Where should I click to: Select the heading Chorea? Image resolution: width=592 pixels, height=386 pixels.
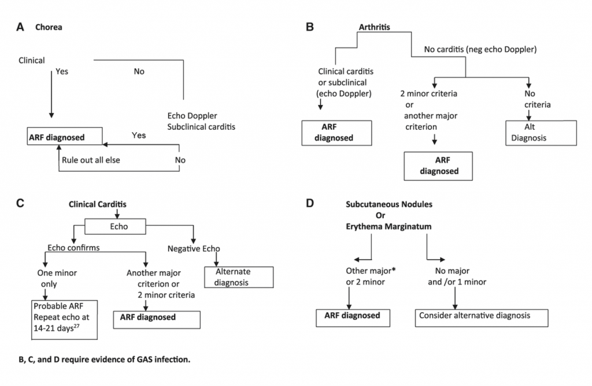49,27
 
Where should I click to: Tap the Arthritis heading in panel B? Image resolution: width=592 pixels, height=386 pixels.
375,27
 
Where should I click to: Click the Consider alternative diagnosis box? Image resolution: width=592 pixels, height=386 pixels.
480,316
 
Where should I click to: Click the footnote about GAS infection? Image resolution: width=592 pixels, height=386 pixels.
104,359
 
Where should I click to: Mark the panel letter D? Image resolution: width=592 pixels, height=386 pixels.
310,204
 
